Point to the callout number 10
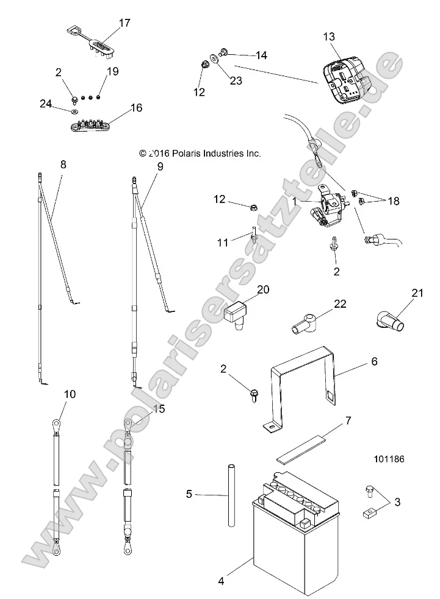click(x=70, y=394)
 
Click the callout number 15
click(x=160, y=409)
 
